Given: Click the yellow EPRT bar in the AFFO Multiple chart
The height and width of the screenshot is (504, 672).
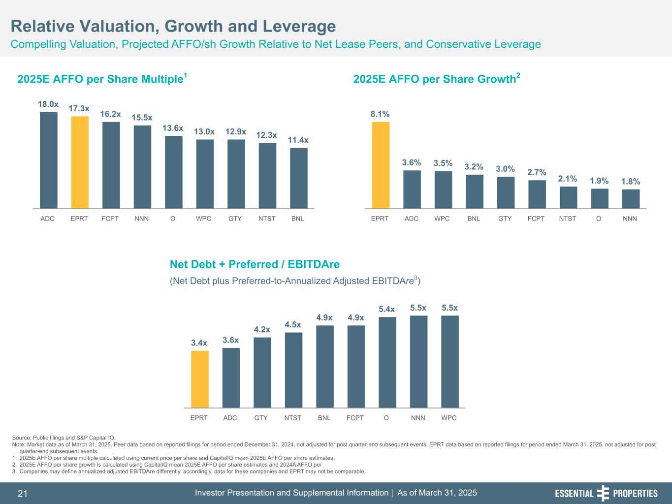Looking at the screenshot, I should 80,162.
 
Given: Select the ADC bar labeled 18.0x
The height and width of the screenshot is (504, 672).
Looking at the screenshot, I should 49,160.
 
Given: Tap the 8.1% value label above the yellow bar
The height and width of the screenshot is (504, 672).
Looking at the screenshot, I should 380,114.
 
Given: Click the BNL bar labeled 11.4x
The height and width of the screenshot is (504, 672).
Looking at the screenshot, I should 299,178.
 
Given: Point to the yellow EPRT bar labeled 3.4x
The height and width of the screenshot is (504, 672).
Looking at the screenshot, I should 199,379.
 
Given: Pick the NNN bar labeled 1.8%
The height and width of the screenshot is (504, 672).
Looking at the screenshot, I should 631,199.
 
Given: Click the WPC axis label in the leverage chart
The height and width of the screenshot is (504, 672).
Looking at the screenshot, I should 448,418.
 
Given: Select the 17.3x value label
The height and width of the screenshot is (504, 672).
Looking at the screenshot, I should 79,108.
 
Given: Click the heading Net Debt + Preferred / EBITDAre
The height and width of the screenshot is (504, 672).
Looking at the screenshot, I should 255,264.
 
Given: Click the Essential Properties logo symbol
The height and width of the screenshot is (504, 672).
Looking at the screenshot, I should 603,493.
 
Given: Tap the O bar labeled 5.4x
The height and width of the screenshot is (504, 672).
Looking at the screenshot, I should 387,362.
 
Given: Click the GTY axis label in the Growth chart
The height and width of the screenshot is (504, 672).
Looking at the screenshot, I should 505,219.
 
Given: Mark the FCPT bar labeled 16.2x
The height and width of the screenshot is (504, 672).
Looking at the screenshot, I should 111,165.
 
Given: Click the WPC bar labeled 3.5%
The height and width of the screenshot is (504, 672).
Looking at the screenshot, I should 443,189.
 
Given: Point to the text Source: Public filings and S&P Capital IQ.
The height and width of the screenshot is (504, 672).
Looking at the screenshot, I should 64,437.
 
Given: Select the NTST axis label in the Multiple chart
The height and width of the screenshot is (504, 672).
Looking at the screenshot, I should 267,219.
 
